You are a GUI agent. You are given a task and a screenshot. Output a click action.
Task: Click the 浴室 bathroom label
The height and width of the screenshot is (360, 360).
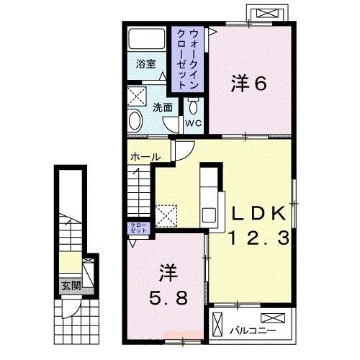(x=146, y=63)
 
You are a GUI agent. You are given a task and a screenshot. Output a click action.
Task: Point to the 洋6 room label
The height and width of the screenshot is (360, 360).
(x=249, y=84)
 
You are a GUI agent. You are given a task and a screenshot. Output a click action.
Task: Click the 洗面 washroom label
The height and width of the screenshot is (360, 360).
(x=162, y=107)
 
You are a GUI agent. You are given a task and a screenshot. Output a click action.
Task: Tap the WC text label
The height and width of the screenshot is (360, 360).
(x=193, y=123)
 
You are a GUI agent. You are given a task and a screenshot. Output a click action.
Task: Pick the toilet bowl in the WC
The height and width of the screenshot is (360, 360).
(x=193, y=106)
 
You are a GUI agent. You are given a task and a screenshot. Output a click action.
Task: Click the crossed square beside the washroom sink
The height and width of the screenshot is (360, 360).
(x=137, y=96)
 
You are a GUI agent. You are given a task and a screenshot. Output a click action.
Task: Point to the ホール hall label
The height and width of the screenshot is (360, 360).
(x=145, y=156)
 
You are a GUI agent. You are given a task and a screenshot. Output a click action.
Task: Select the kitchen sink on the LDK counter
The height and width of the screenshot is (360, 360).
(x=210, y=215)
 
